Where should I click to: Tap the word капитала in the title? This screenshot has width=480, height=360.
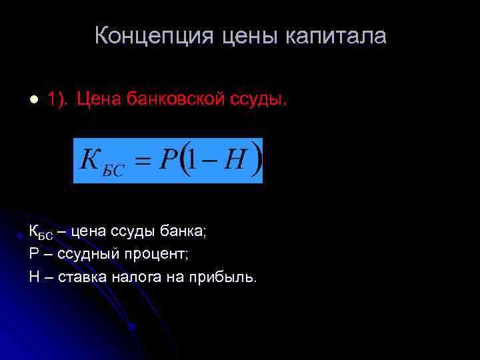[336, 36]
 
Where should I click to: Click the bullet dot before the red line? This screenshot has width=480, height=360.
[31, 99]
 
